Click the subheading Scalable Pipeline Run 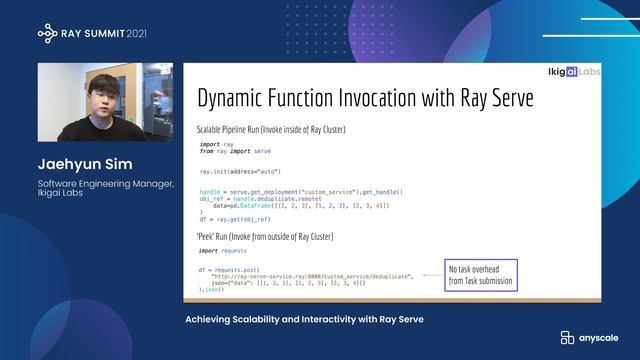tap(259, 131)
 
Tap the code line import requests tap(222, 251)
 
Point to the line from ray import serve tap(236, 151)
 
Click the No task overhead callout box tap(481, 276)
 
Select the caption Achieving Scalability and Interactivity tap(305, 319)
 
